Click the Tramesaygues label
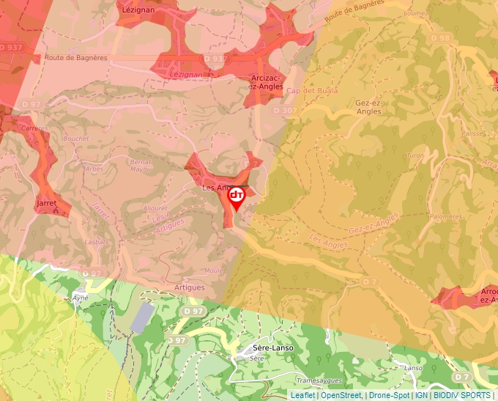pyautogui.click(x=320, y=380)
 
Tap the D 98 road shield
pyautogui.click(x=441, y=38)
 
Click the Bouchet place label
pyautogui.click(x=76, y=139)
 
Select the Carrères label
pyautogui.click(x=34, y=128)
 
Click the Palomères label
pyautogui.click(x=446, y=217)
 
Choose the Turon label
pyautogui.click(x=415, y=155)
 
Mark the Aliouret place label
pyautogui.click(x=155, y=208)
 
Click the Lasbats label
pyautogui.click(x=96, y=241)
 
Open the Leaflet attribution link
pyautogui.click(x=302, y=395)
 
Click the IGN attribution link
pyautogui.click(x=421, y=395)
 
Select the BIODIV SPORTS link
pyautogui.click(x=461, y=395)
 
